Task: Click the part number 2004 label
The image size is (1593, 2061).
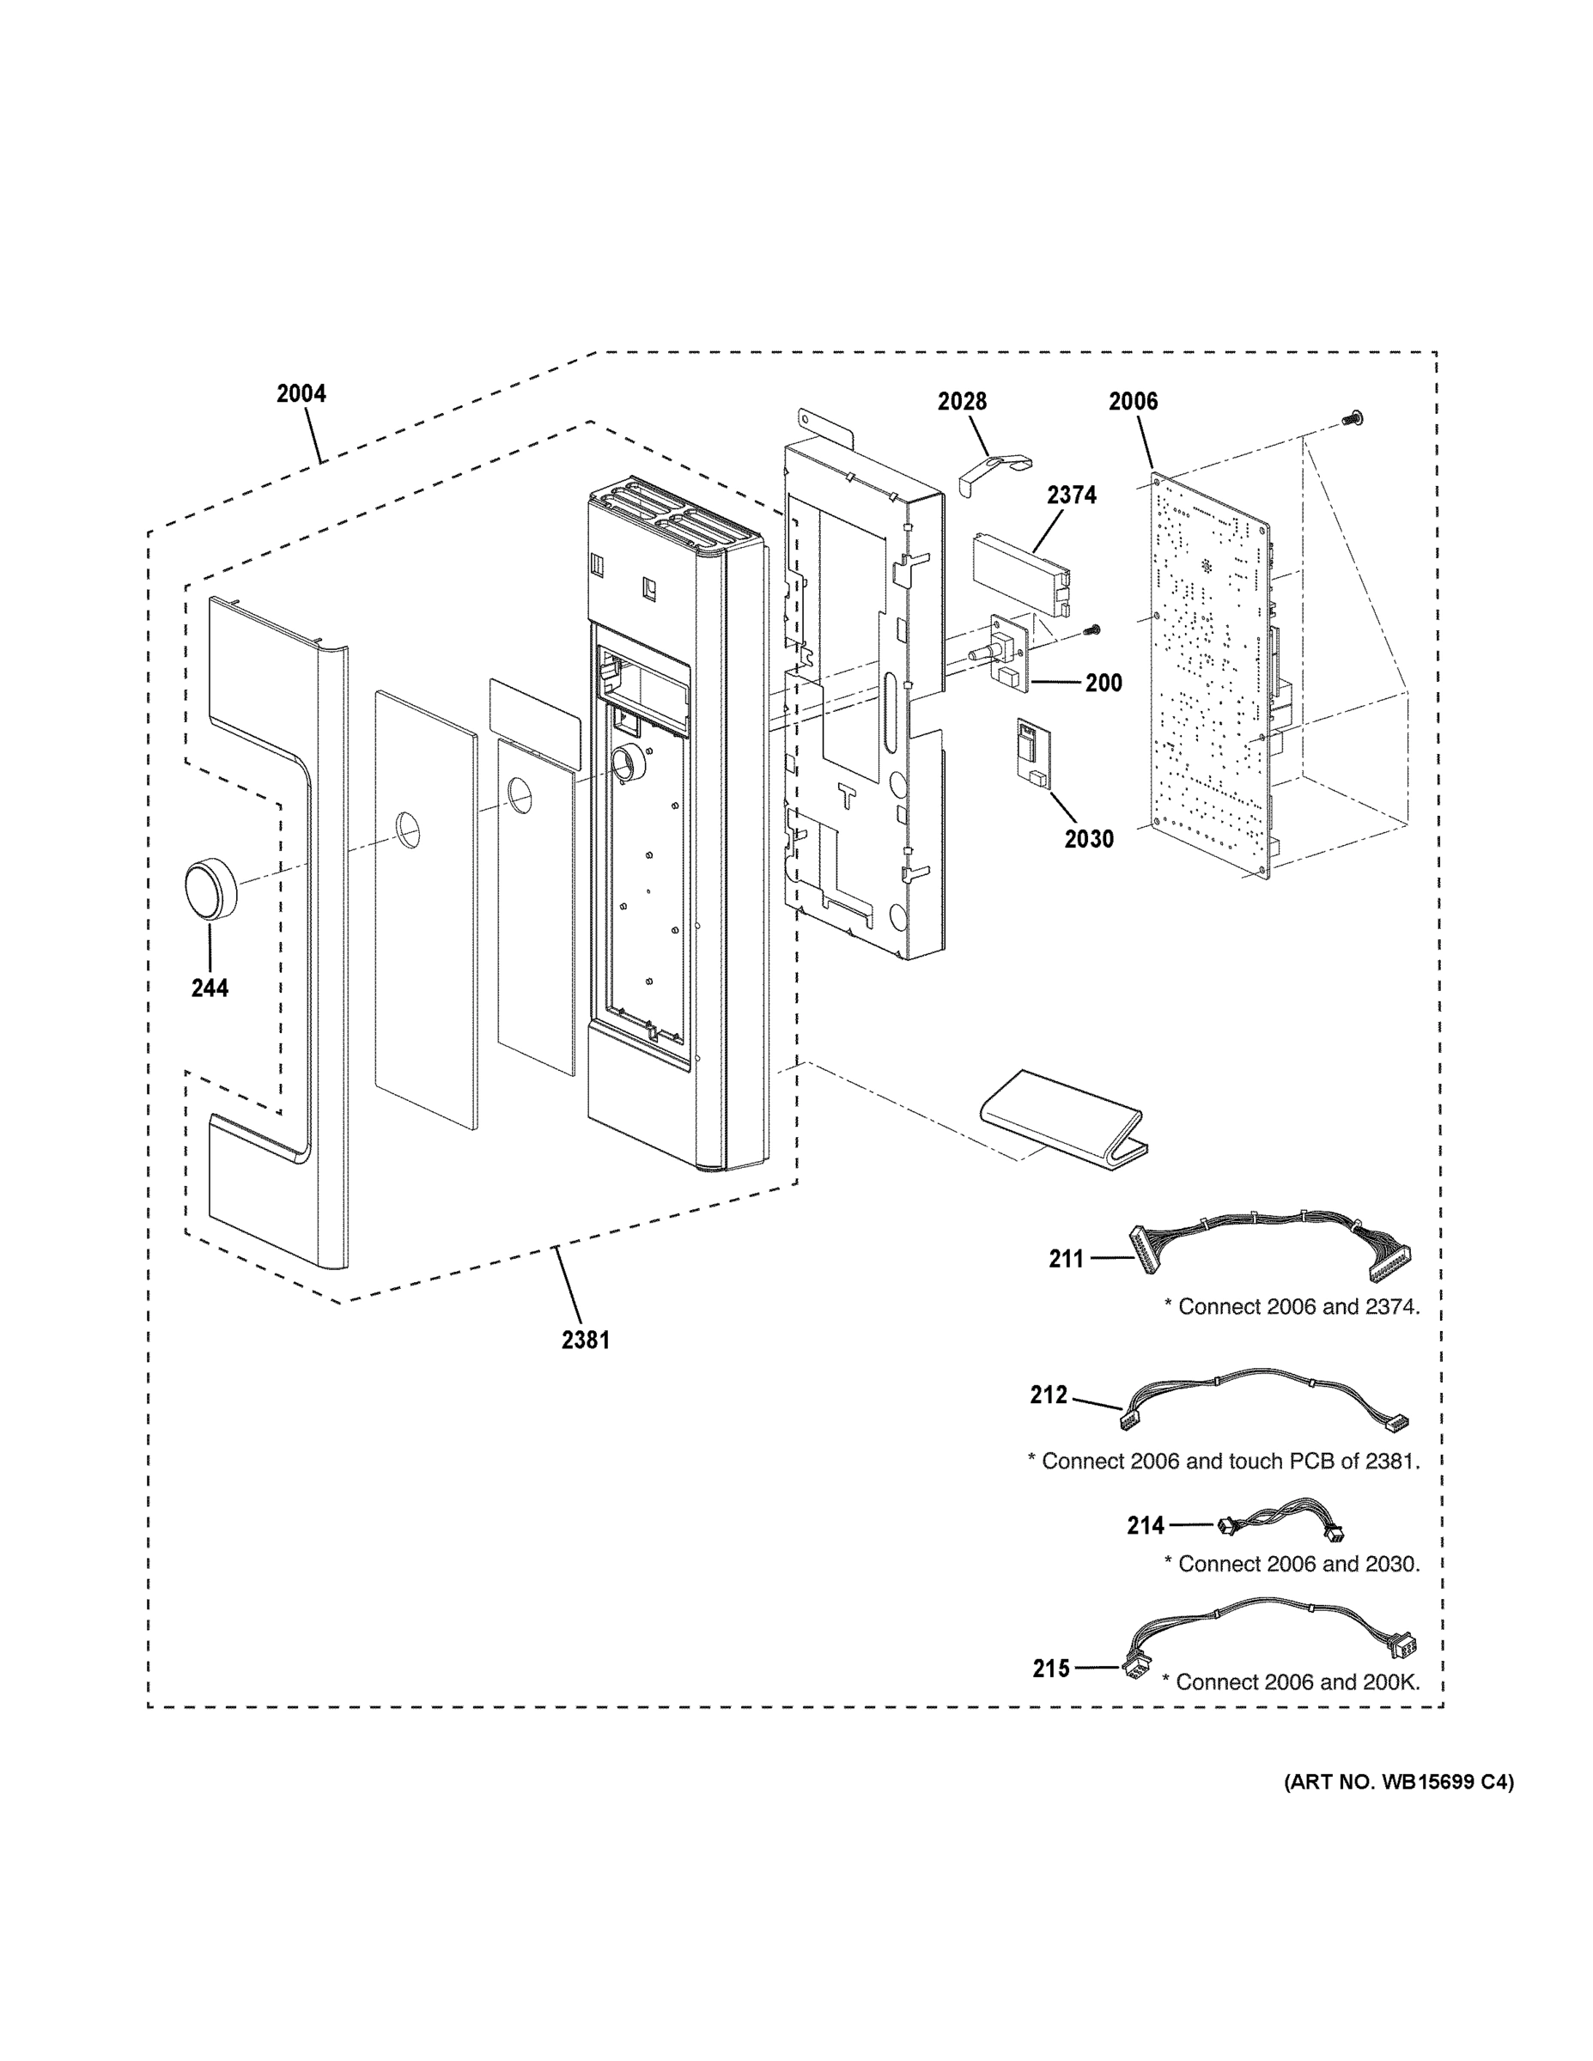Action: tap(301, 393)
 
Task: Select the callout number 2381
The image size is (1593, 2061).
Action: tap(585, 1339)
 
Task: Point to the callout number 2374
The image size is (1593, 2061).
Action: tap(1071, 495)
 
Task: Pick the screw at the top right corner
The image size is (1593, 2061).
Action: tap(1354, 416)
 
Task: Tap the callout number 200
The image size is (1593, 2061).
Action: tap(1104, 684)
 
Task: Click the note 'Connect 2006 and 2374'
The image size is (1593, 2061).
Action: tap(1291, 1307)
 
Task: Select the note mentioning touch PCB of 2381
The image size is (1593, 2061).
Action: tap(1223, 1461)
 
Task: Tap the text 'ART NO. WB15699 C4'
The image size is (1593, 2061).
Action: tap(1398, 1782)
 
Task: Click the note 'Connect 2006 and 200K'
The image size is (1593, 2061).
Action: tap(1290, 1681)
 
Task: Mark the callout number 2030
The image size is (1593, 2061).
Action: tap(1088, 839)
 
